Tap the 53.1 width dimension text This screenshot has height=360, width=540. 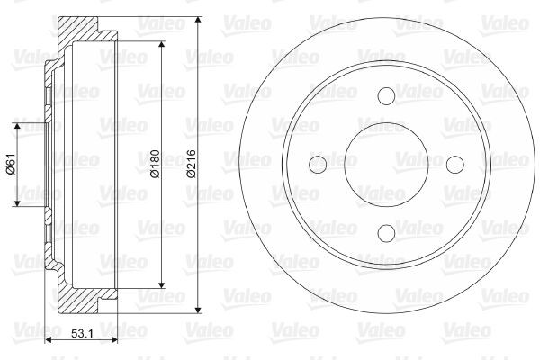point(83,335)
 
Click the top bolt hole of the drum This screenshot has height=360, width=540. point(385,96)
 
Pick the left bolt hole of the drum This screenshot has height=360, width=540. point(317,165)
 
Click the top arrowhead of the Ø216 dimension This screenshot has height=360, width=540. point(198,20)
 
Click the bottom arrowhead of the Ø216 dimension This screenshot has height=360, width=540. point(198,309)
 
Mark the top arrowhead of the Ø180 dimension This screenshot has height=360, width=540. point(162,45)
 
